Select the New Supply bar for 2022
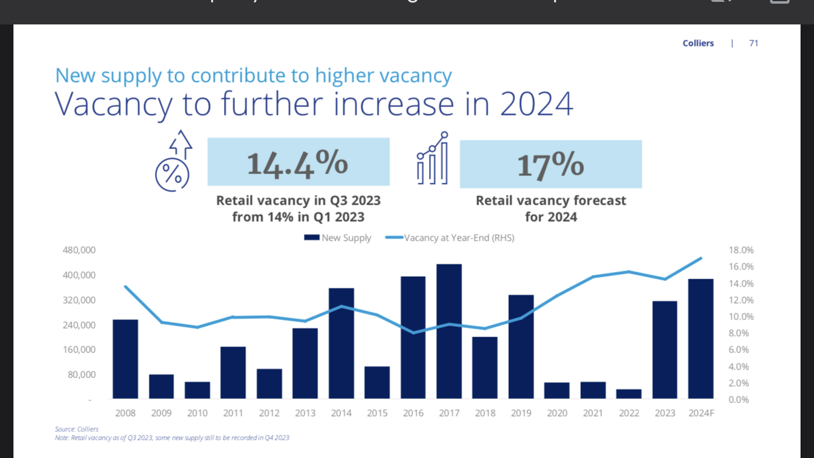pos(629,394)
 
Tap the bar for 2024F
pos(701,339)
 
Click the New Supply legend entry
pos(338,238)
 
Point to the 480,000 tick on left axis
pos(79,250)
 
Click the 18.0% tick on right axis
pos(741,250)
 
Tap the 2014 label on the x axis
pos(341,413)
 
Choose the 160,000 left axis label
pos(79,350)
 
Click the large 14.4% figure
pos(298,162)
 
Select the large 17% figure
pos(550,165)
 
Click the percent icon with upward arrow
pos(173,161)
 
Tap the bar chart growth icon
pos(433,158)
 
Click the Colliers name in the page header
pos(698,43)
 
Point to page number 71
pos(754,43)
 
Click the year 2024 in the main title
pos(536,104)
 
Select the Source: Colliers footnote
pos(77,429)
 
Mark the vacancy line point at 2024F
pos(701,258)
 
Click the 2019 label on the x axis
pos(521,413)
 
